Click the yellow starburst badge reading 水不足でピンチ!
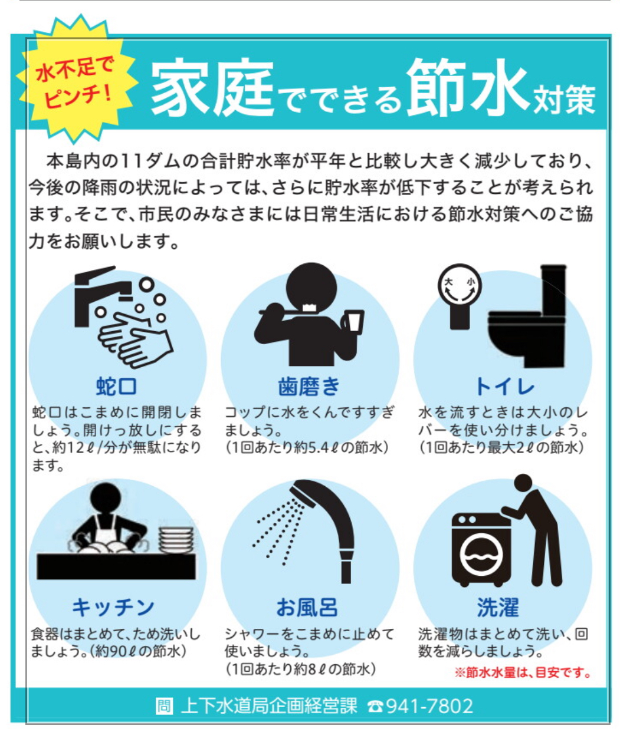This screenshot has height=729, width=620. click(77, 80)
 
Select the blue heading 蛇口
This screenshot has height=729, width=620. click(116, 386)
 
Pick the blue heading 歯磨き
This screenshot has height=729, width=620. click(309, 386)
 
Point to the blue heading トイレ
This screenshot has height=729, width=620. click(504, 386)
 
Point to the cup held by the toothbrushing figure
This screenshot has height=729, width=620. click(353, 321)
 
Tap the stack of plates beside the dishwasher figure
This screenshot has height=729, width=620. click(176, 540)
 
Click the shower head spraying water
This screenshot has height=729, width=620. click(304, 493)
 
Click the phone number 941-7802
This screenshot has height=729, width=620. click(429, 706)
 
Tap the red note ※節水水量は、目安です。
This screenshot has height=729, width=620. click(522, 672)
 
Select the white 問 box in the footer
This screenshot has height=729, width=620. click(164, 706)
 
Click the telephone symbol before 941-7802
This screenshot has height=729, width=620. click(375, 707)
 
